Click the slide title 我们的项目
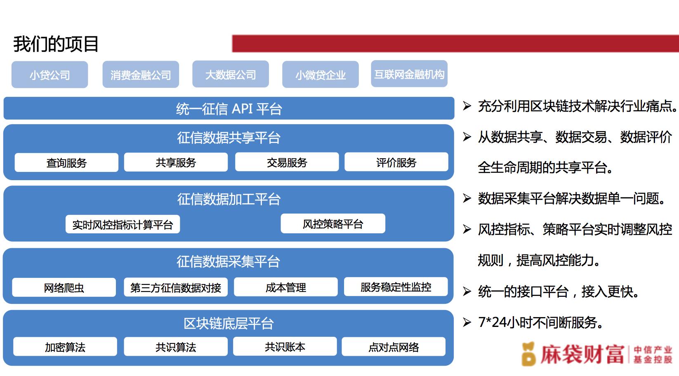tap(56, 44)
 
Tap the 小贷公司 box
tap(50, 75)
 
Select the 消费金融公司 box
tap(141, 75)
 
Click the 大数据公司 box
tap(230, 74)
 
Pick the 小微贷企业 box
tap(321, 75)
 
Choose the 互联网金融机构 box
tap(409, 74)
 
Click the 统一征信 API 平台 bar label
tap(229, 109)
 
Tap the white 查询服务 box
tap(66, 163)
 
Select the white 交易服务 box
tap(287, 162)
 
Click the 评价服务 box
tap(396, 162)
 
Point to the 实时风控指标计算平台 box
tap(123, 225)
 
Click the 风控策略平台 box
tap(333, 223)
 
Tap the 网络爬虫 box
tap(64, 287)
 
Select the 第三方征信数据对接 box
tap(176, 287)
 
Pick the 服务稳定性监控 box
tap(396, 287)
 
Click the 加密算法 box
tap(65, 347)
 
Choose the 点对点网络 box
tap(394, 347)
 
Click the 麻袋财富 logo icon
tap(528, 354)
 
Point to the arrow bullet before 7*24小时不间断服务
tap(467, 322)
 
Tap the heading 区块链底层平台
tap(229, 323)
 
